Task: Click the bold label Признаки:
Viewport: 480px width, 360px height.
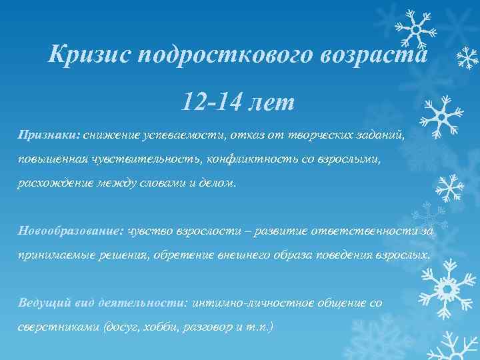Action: coord(49,135)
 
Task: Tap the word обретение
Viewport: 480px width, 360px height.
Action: coord(193,255)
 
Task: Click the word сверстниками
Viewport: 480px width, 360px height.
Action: coord(55,327)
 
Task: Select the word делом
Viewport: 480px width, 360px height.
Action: coord(218,183)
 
